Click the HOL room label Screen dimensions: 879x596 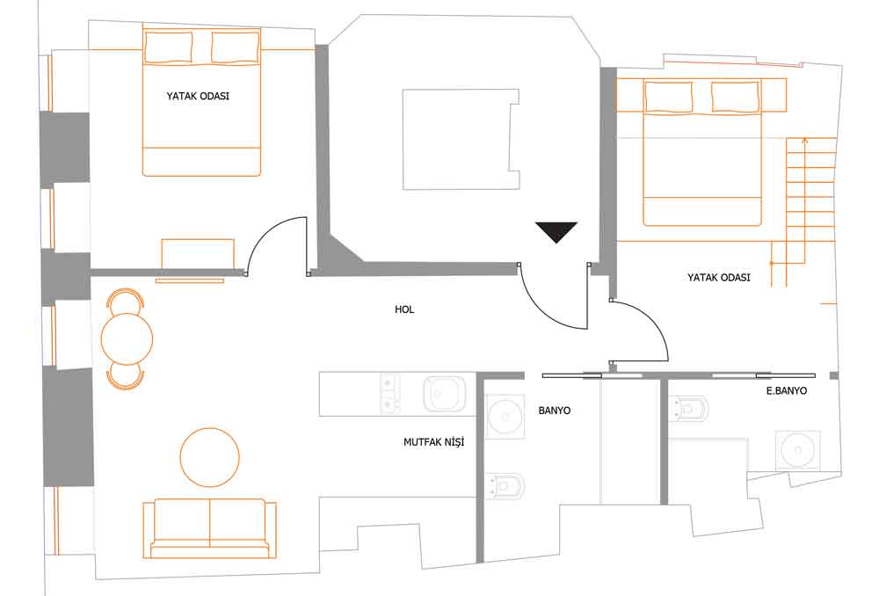(404, 309)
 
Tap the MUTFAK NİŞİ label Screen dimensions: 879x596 (434, 442)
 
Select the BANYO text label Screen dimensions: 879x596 (555, 411)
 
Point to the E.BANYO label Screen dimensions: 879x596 (787, 391)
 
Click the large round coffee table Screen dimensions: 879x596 (210, 457)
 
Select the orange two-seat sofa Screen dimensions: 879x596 (210, 528)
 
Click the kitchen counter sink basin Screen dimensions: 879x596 (444, 394)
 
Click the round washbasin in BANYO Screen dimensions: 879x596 (505, 417)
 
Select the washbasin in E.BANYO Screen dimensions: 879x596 (797, 450)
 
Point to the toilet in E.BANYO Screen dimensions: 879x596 (689, 408)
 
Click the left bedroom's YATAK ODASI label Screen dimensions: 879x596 (198, 96)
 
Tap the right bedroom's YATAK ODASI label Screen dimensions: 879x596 (719, 278)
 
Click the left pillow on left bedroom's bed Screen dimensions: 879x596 (169, 47)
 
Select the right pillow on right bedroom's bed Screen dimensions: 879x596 (735, 97)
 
